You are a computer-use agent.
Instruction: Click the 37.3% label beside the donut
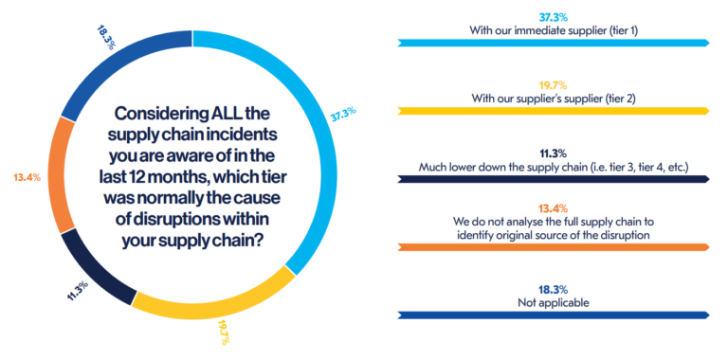click(342, 112)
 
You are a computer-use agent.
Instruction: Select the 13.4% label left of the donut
click(26, 177)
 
